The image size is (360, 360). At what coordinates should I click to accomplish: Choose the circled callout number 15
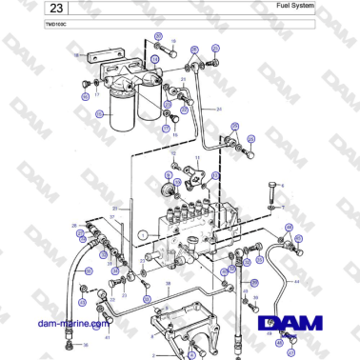tap(174, 136)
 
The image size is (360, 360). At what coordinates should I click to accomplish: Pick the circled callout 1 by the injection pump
tap(141, 233)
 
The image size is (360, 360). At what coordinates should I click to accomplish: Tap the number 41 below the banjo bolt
tap(108, 336)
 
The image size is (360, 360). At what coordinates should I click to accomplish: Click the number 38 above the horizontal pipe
tap(169, 284)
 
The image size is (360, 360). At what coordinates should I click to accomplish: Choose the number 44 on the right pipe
tap(296, 282)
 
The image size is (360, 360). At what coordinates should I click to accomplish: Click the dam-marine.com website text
tap(68, 323)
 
